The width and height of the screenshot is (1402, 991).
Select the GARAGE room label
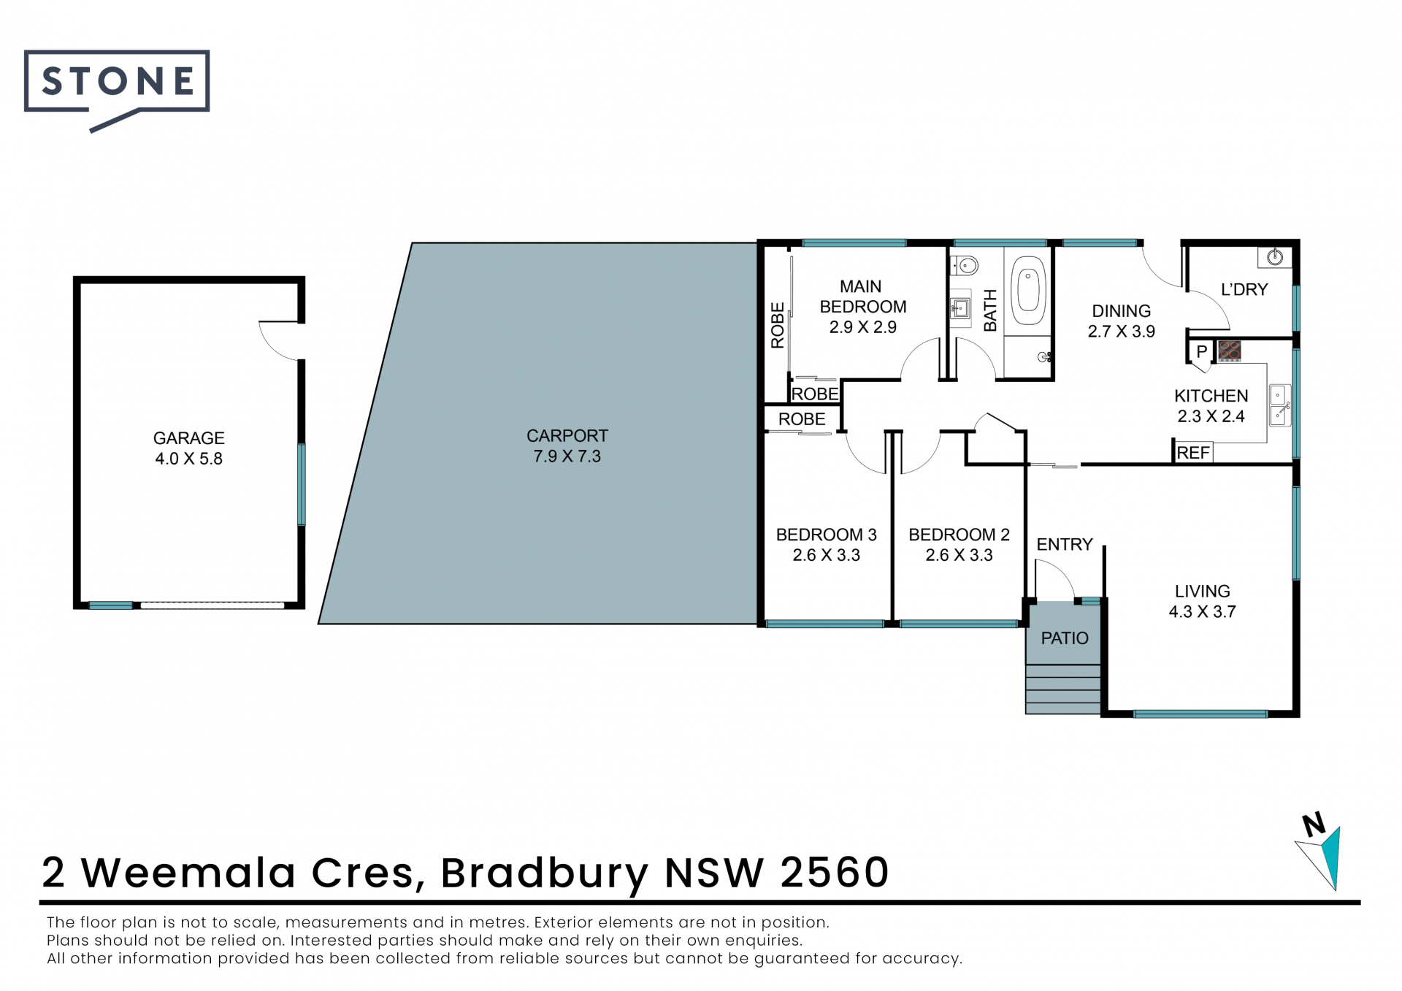point(188,438)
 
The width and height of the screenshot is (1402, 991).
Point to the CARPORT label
point(567,436)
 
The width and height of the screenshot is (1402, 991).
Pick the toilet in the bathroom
point(965,264)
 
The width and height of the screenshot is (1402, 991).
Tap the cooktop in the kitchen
point(1230,351)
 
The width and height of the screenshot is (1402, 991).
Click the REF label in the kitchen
point(1193,453)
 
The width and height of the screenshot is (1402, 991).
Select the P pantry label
point(1201,351)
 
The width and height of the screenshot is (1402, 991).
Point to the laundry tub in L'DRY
point(1275,256)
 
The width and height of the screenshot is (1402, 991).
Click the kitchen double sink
point(1279,405)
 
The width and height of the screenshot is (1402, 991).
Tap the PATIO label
point(1065,638)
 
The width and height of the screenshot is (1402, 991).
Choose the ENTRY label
point(1065,545)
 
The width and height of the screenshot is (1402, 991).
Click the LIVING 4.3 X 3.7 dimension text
point(1202,612)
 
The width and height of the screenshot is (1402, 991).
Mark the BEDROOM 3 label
point(826,535)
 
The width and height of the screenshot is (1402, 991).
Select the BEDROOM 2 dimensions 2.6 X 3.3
point(959,555)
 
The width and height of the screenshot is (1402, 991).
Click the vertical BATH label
point(990,310)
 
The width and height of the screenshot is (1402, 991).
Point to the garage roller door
point(212,605)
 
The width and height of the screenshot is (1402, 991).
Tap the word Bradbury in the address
point(545,873)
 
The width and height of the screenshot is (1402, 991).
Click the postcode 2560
point(835,872)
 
